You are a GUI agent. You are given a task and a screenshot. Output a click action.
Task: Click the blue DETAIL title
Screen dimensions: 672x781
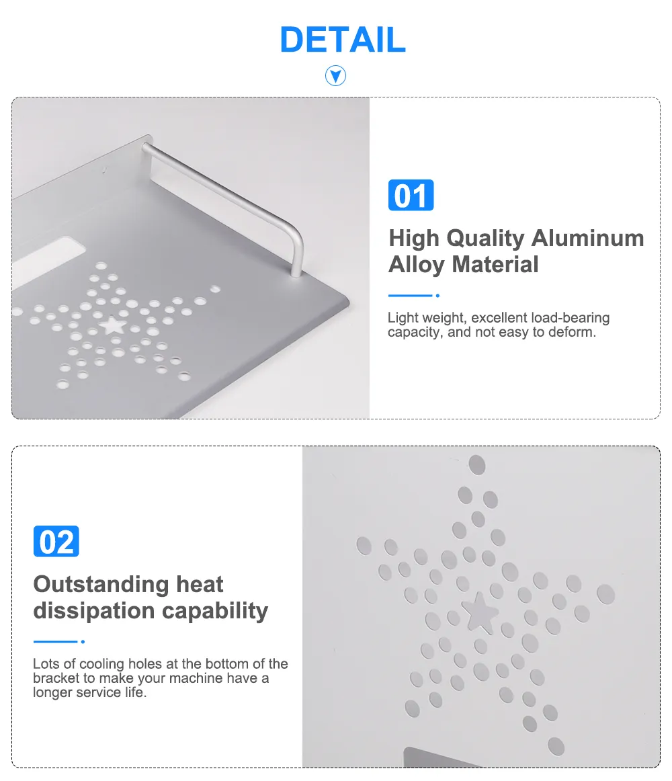click(x=343, y=40)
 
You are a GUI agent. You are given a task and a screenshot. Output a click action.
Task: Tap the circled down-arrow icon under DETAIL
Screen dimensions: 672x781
click(x=336, y=76)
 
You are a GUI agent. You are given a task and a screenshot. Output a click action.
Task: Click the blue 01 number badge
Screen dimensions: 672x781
click(x=411, y=195)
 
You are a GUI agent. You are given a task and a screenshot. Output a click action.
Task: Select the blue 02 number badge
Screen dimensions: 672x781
click(x=56, y=541)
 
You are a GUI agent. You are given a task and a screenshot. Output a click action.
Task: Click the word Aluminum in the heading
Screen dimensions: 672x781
click(x=588, y=238)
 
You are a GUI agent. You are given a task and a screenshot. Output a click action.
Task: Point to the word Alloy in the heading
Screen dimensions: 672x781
click(x=417, y=265)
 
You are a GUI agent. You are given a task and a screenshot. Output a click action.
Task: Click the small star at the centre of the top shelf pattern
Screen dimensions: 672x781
click(x=113, y=326)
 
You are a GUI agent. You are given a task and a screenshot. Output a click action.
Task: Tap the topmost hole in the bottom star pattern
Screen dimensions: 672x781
click(x=477, y=465)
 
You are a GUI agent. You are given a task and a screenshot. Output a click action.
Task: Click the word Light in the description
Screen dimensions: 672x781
click(x=403, y=318)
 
